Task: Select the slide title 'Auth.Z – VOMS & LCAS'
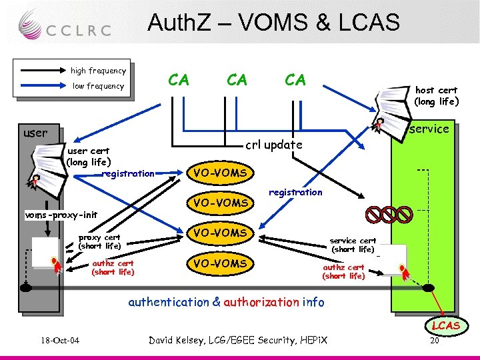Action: pos(273,23)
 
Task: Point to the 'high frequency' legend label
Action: pos(98,71)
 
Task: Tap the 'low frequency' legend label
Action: pos(98,86)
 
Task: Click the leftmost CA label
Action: pos(178,81)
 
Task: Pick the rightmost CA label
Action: pos(295,81)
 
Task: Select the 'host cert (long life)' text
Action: pos(436,96)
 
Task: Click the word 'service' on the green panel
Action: pos(429,129)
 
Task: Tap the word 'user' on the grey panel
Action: pos(35,133)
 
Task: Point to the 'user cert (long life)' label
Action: pos(88,156)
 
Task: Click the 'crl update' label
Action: pos(274,145)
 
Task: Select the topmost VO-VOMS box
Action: pos(220,173)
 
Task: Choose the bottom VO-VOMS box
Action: pos(220,263)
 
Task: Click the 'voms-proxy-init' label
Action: pos(61,215)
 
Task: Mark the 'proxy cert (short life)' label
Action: pos(99,241)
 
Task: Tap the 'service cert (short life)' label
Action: pos(353,245)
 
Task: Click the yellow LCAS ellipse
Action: pos(445,326)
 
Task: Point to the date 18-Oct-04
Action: pos(59,341)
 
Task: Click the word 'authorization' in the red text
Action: pos(261,302)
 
